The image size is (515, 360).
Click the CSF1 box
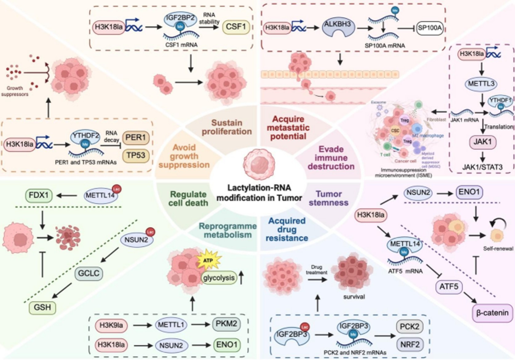[236, 27]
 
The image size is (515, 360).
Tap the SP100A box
[430, 28]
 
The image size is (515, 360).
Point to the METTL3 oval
[481, 84]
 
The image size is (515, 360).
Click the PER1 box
[136, 137]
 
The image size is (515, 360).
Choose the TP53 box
[136, 156]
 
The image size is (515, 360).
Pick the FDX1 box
[39, 195]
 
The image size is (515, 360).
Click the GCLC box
[89, 273]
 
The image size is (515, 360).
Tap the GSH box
[42, 307]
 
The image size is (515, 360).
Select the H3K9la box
[111, 325]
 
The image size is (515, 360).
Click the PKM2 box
[226, 324]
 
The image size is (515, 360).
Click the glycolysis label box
[219, 278]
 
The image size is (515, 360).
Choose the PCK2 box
[410, 326]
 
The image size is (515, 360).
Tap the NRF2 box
[410, 344]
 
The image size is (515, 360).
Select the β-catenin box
[492, 313]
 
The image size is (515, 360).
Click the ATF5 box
[449, 287]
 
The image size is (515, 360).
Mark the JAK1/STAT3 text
[482, 167]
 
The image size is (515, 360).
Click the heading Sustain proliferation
[227, 127]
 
